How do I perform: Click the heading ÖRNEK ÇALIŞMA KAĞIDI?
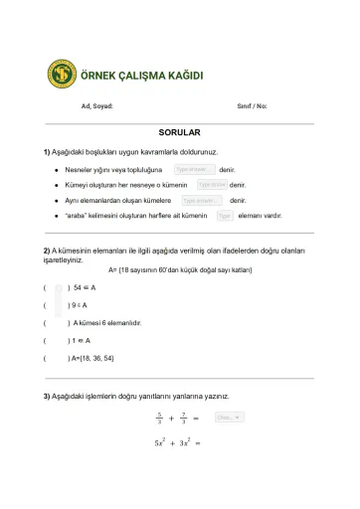click(140, 76)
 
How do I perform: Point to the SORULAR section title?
click(179, 132)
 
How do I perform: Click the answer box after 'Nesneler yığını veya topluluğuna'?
click(195, 170)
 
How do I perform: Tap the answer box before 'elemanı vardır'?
click(224, 215)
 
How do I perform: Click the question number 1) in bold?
click(47, 151)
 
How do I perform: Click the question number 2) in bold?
click(47, 249)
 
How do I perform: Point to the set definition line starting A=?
click(179, 270)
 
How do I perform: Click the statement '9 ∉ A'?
click(78, 305)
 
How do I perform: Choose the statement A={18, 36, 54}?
click(91, 358)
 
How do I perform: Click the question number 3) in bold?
click(47, 396)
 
